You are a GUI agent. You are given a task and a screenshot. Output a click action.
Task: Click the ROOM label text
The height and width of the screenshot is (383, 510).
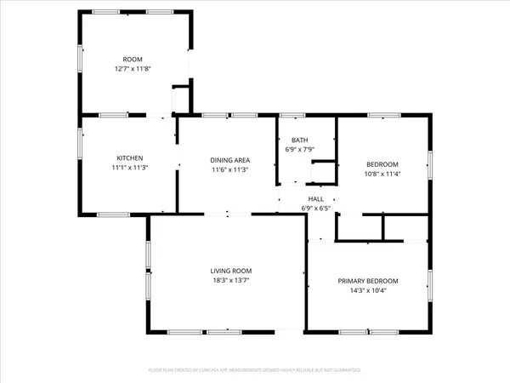(132, 60)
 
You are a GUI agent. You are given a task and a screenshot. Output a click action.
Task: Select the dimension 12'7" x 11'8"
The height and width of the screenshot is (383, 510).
(132, 68)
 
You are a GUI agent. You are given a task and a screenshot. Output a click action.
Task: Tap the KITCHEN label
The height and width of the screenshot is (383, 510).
(129, 158)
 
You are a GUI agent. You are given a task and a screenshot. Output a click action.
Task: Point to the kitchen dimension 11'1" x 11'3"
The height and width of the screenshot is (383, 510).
(129, 168)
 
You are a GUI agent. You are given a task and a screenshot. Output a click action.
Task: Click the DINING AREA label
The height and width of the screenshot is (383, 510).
(229, 159)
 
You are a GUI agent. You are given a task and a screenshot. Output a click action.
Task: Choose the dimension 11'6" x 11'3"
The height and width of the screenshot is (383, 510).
(229, 169)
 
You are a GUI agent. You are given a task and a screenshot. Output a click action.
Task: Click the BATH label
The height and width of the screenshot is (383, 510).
(299, 140)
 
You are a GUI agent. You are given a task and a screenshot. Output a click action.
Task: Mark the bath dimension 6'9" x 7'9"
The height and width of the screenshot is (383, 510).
(299, 150)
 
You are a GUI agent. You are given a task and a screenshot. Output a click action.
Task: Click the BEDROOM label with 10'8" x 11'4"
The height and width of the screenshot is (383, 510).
(382, 164)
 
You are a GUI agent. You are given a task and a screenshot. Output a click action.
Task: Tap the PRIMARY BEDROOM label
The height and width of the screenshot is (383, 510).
(367, 281)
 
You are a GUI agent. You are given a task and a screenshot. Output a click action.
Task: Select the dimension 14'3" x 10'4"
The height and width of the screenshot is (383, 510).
(367, 290)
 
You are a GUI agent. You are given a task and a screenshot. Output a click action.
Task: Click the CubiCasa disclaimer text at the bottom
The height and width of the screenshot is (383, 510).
(255, 370)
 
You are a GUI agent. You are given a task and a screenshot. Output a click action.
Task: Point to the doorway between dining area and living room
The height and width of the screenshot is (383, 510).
(227, 214)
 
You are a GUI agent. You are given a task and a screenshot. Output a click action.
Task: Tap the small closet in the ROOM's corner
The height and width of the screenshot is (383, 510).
(181, 100)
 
